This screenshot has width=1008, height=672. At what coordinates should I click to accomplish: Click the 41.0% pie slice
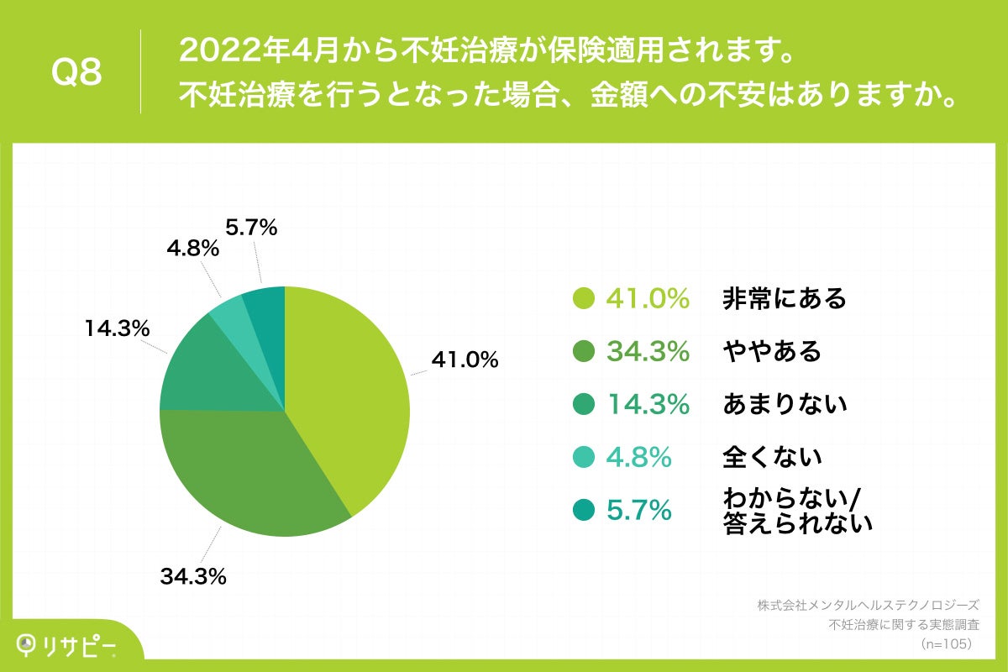click(349, 386)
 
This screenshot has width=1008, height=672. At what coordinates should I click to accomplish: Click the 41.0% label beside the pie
click(465, 360)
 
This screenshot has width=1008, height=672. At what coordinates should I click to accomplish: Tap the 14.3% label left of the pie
click(116, 328)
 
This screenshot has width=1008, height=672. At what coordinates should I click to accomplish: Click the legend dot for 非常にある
click(583, 298)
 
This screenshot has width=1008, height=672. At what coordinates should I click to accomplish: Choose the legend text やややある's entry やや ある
click(771, 351)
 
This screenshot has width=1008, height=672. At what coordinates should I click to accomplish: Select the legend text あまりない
click(784, 404)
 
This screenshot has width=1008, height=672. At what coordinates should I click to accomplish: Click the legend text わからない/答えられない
click(797, 511)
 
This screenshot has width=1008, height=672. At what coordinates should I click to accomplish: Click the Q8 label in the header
click(76, 72)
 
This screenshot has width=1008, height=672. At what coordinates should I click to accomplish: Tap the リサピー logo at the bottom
click(67, 643)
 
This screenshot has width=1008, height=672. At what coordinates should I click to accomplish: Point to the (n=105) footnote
click(946, 643)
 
